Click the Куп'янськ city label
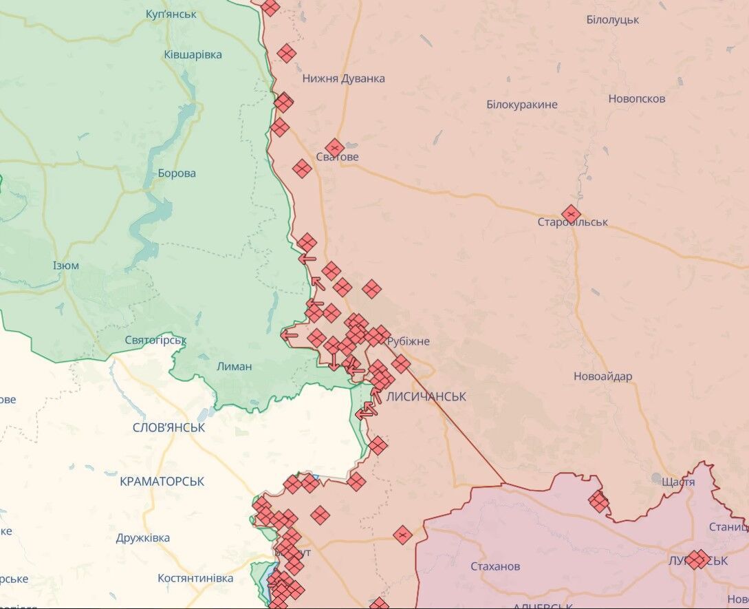pos(171,14)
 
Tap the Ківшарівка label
pos(193,54)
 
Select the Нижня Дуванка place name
pos(343,78)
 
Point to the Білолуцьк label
pos(612,19)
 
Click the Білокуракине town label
pos(521,105)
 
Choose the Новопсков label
pos(636,98)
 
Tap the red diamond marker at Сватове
pos(335,148)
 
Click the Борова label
pos(177,173)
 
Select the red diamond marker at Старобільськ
pos(570,214)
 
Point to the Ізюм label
pos(66,266)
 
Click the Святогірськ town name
pos(156,340)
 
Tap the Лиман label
pos(234,367)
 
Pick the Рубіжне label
pos(409,341)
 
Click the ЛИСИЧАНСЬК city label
pos(426,397)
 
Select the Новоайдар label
pos(603,376)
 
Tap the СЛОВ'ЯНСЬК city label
pos(169,427)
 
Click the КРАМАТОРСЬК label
pos(162,482)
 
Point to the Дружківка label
pos(143,538)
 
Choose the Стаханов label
pos(495,566)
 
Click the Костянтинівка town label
pos(195,578)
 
